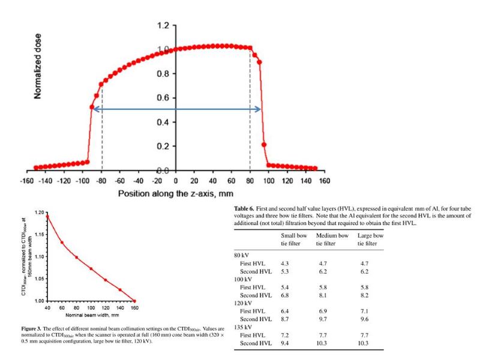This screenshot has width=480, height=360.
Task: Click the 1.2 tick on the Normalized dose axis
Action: (163, 26)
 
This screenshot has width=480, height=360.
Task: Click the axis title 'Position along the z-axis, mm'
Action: (175, 194)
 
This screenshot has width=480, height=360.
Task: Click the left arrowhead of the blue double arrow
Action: (93, 109)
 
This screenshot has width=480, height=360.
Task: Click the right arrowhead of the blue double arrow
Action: (259, 109)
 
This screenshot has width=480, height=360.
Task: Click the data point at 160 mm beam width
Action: (134, 301)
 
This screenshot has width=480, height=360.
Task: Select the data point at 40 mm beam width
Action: (47, 216)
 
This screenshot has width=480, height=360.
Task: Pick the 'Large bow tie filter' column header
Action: (370, 239)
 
